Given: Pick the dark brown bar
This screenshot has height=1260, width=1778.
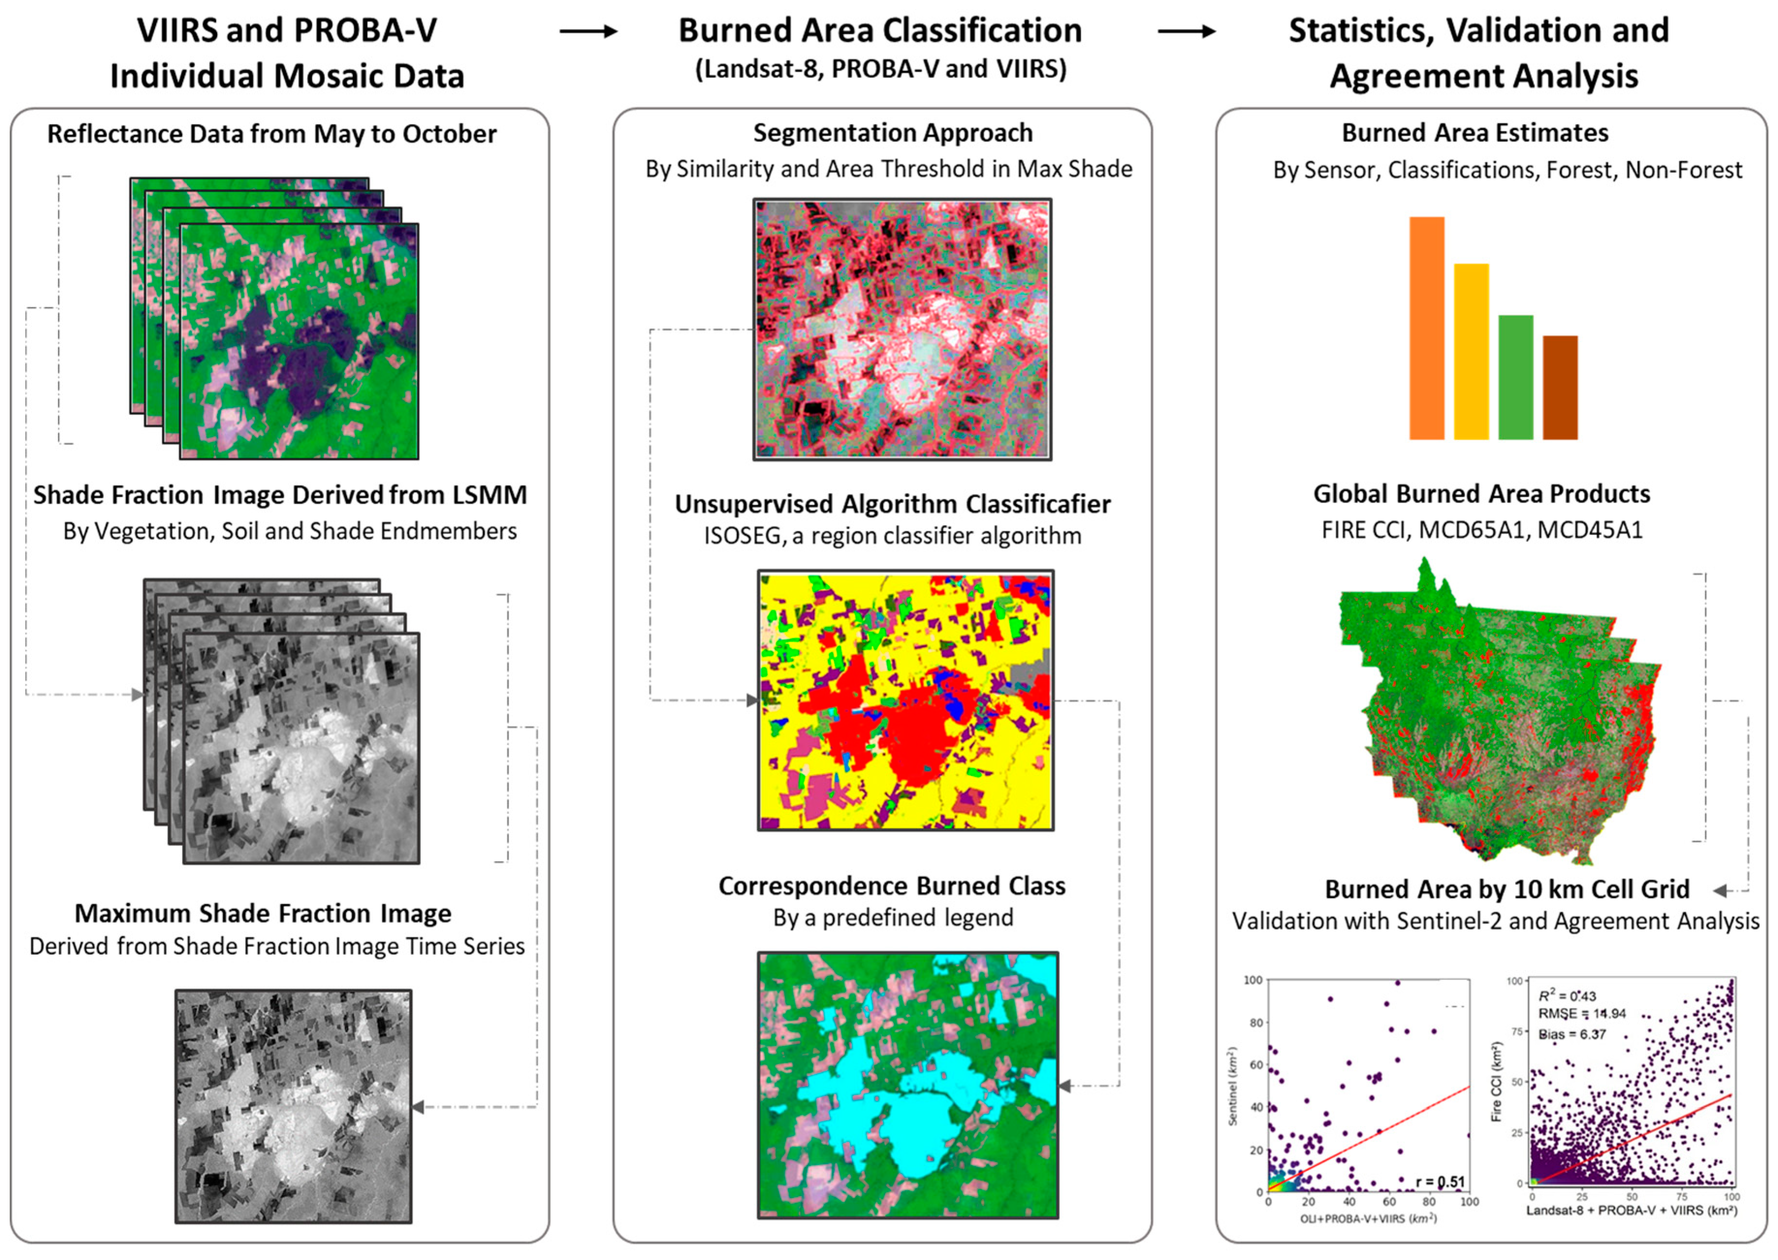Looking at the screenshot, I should coord(1559,387).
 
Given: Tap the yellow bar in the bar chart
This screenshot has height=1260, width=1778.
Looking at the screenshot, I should coord(1471,351).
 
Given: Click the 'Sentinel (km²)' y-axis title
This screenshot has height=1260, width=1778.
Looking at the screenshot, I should coord(1233,1086).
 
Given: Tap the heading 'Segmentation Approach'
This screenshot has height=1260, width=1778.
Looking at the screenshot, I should coord(893,133).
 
